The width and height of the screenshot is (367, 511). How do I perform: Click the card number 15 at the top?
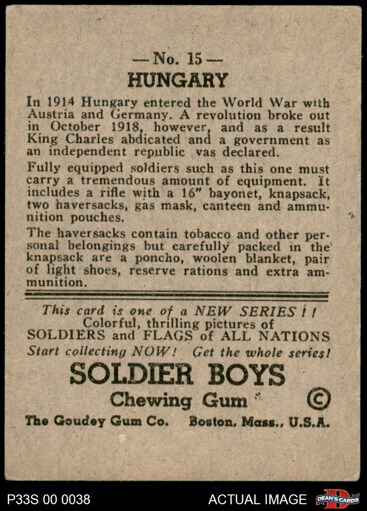click(193, 59)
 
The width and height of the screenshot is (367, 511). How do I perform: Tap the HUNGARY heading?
click(178, 81)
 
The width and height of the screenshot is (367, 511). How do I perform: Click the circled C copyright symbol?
click(319, 400)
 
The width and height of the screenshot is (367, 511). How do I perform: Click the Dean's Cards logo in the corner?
click(338, 499)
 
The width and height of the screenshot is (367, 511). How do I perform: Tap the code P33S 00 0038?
click(49, 499)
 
